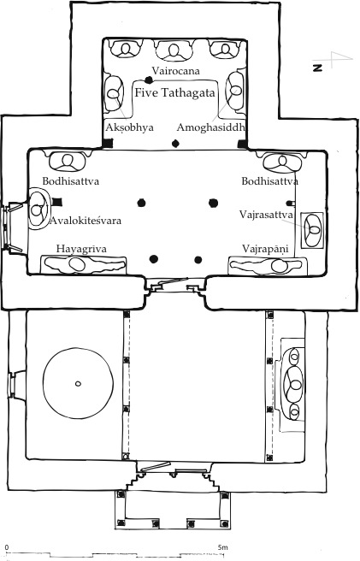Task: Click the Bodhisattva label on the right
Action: click(269, 181)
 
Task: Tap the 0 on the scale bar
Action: click(7, 546)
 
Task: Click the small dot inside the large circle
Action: click(77, 384)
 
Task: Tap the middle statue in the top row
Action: click(176, 50)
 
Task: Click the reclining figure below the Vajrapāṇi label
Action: click(272, 266)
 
